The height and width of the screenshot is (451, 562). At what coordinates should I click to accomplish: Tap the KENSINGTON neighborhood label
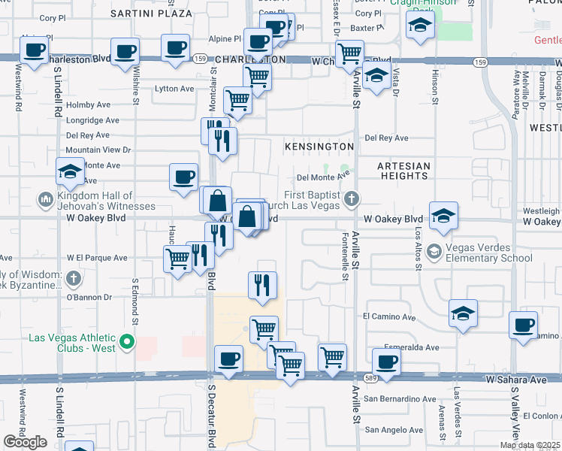(x=319, y=146)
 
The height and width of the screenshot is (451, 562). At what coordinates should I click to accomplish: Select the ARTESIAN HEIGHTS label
(x=404, y=171)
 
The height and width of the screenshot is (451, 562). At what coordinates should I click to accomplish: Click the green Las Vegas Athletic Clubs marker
(x=127, y=344)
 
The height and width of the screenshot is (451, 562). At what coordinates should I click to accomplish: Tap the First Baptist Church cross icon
(x=350, y=199)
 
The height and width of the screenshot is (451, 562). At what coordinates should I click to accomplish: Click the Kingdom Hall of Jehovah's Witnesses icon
(x=44, y=200)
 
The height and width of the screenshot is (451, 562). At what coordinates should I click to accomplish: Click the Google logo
(x=25, y=442)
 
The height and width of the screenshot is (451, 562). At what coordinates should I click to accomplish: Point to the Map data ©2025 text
(x=530, y=445)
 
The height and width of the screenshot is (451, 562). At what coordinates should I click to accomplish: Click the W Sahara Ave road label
(x=516, y=380)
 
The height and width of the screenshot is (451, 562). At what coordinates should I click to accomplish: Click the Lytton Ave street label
(x=174, y=89)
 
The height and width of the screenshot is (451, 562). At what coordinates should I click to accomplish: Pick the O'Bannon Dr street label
(x=89, y=297)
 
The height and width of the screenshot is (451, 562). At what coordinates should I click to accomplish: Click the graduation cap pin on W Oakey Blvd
(x=443, y=216)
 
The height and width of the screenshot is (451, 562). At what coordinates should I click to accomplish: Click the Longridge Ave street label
(x=92, y=120)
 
